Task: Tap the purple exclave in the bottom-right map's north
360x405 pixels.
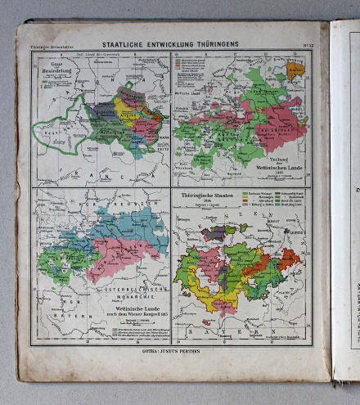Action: point(216,233)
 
